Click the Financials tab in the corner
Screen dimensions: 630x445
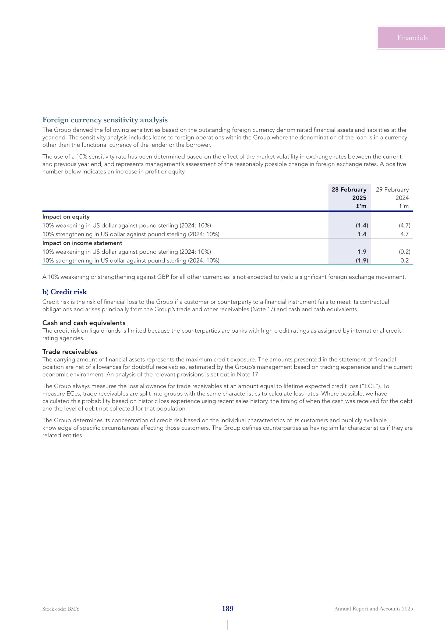tap(412, 38)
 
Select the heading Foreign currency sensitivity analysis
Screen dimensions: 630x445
tap(105, 120)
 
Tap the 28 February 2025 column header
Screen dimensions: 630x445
tap(349, 197)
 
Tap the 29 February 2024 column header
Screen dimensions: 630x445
tap(392, 197)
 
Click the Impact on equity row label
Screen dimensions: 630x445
tap(66, 217)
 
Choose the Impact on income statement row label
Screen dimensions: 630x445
tap(82, 243)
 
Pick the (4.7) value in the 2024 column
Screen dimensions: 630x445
tap(404, 225)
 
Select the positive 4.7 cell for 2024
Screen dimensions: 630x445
tap(404, 234)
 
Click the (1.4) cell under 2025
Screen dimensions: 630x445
tap(362, 225)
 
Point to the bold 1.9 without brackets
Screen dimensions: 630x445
tap(362, 252)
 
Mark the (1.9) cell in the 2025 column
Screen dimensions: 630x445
tap(362, 261)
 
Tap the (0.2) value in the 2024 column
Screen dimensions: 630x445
tap(404, 252)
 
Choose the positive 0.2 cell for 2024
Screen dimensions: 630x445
tap(404, 261)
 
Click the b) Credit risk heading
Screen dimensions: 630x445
tap(64, 292)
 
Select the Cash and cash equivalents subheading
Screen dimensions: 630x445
tap(84, 323)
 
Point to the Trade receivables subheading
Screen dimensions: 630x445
tap(70, 352)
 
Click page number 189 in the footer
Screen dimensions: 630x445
tap(228, 609)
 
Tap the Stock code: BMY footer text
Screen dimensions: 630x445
tap(61, 609)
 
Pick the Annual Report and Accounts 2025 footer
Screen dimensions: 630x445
tap(373, 609)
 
